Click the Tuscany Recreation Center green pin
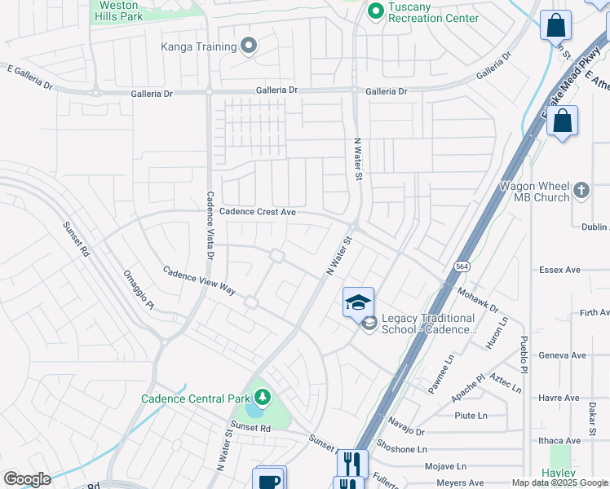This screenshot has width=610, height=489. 375,11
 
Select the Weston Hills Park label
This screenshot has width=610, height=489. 118,10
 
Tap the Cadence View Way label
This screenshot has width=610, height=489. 198,280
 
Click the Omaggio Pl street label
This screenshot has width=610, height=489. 138,289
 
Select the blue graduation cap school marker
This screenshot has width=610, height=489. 358,302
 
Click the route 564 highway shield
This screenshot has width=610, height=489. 462,267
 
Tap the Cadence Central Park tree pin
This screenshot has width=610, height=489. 263,398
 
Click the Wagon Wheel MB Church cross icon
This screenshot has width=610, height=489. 581,191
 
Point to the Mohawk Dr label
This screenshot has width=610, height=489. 478,299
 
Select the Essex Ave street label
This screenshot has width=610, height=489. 559,270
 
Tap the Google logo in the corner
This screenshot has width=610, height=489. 27,479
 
